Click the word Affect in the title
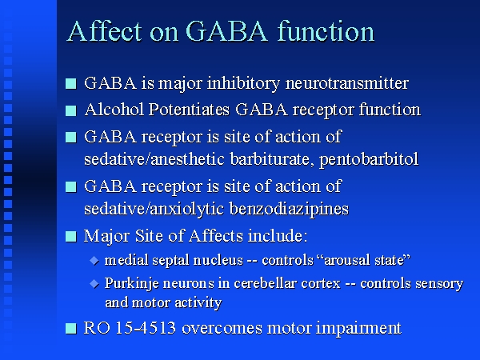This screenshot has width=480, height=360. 104,31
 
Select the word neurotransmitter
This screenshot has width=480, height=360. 347,83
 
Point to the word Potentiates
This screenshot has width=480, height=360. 189,110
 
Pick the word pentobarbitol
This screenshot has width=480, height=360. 369,159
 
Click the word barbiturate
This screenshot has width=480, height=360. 272,159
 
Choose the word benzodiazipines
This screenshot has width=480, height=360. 289,209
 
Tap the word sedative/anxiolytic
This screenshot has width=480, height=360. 154,209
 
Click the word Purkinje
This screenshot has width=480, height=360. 132,284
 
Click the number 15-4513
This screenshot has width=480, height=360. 146,328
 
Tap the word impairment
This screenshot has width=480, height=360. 358,328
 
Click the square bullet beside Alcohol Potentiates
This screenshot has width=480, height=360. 71,110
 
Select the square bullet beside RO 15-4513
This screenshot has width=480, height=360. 71,329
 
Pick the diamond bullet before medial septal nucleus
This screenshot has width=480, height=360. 94,261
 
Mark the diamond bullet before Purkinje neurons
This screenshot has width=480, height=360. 94,284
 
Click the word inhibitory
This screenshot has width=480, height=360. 243,83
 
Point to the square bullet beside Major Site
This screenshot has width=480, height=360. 71,237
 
